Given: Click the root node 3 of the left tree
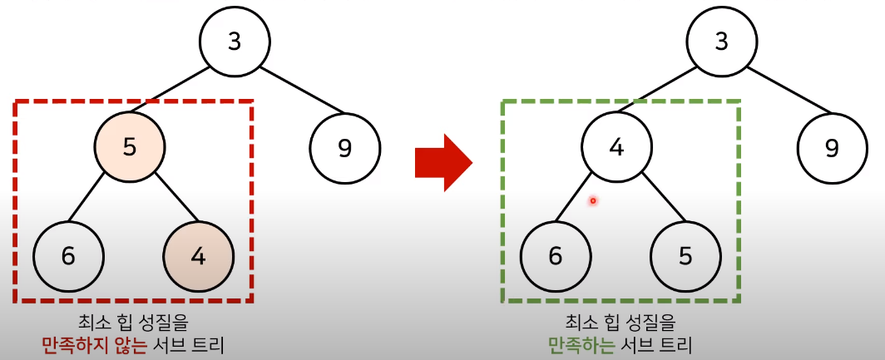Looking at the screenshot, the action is click(235, 42).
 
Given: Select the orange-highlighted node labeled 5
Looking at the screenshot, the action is click(129, 148).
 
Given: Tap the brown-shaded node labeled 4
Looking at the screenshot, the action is click(198, 255).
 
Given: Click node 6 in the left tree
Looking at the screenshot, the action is click(68, 255).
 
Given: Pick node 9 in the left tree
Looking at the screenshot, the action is click(344, 149).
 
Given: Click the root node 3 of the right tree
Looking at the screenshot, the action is click(722, 42).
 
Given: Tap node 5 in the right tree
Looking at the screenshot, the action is click(685, 255).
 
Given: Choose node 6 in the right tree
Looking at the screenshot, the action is click(556, 255).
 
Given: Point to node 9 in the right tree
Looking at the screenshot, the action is click(832, 149).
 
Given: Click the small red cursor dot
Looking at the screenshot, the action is click(593, 200).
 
